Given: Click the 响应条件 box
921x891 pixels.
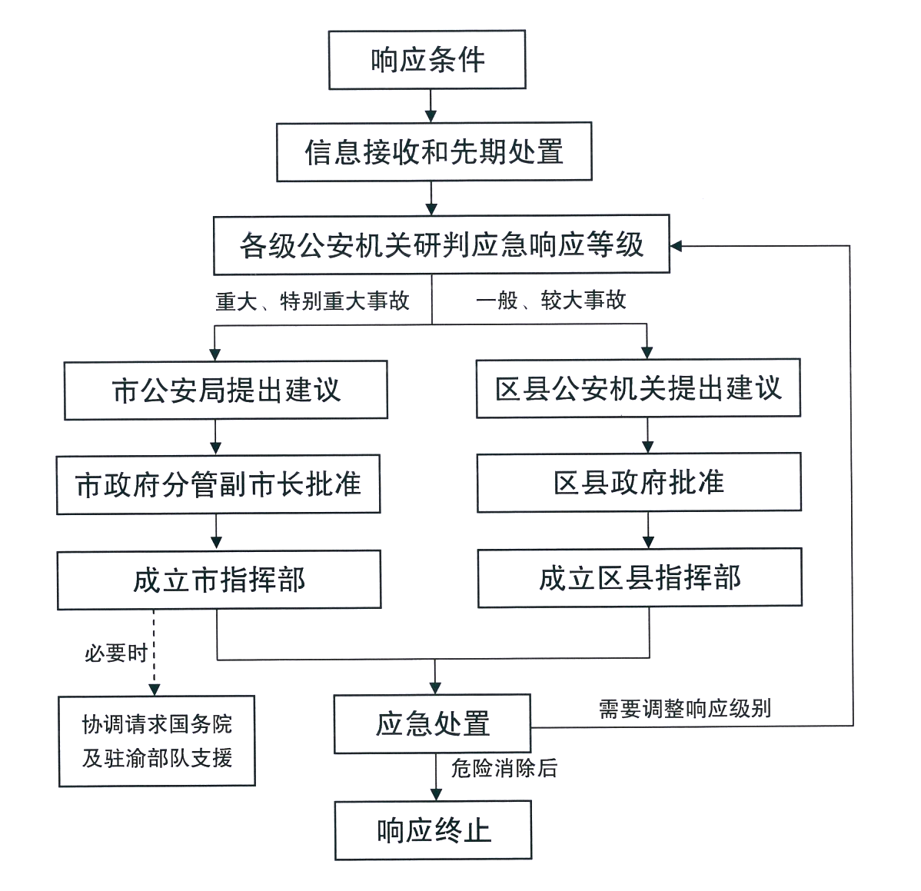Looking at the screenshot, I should [x=427, y=60].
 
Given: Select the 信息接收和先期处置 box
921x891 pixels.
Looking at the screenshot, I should [x=434, y=152].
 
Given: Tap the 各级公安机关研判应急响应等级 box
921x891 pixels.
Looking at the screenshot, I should [x=442, y=245].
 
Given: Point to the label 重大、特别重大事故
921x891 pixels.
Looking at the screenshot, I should [x=312, y=301].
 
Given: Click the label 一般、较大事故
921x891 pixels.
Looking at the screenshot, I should [x=550, y=301].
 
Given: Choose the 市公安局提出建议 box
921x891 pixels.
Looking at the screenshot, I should [x=226, y=391].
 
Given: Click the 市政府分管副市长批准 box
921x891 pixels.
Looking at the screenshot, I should [x=218, y=485].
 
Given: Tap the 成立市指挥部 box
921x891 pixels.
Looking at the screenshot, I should [x=219, y=580].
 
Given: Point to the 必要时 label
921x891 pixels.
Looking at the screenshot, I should [x=115, y=654].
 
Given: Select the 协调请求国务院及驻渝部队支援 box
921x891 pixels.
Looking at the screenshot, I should [x=157, y=740].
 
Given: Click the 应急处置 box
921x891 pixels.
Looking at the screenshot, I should [x=432, y=724].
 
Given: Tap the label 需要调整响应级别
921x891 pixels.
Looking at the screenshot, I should [x=684, y=708].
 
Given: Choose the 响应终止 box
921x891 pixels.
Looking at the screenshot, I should [x=434, y=830].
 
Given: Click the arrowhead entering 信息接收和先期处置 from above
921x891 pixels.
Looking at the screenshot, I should [x=431, y=116].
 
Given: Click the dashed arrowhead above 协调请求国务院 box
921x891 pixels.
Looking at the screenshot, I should [x=154, y=689].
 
